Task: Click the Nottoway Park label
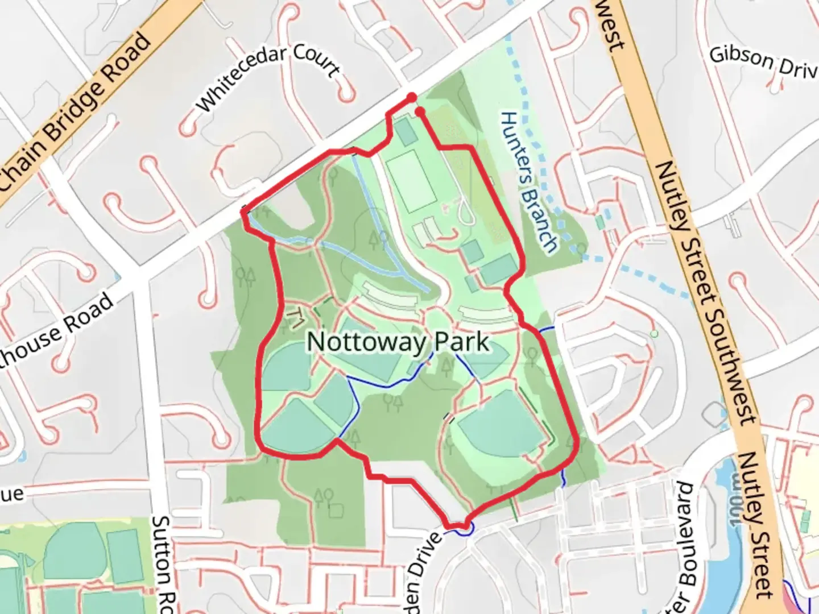(x=398, y=342)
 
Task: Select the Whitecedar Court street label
(x=268, y=78)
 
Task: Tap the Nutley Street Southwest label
(x=705, y=290)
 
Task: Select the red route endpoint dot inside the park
(x=420, y=112)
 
